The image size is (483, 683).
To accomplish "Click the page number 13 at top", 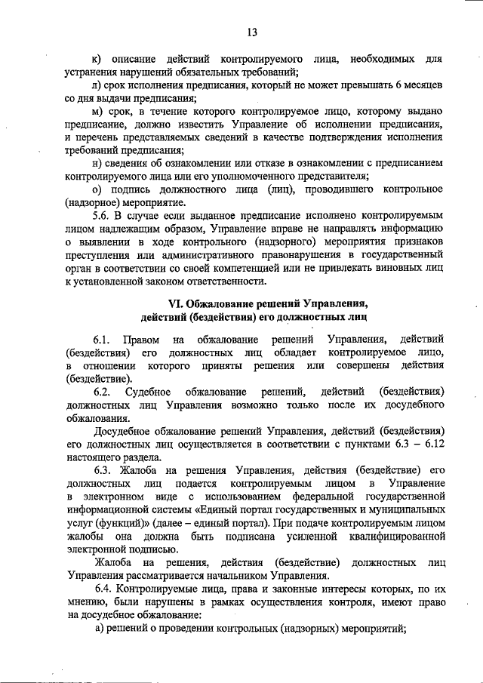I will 252,32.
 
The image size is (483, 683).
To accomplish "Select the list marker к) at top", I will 96,59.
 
